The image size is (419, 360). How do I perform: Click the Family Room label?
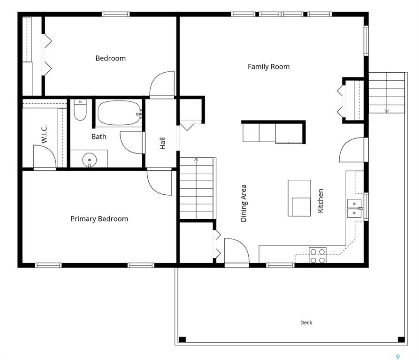(x=268, y=67)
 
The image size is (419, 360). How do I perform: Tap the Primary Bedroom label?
(x=99, y=219)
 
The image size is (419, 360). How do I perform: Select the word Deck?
(x=306, y=322)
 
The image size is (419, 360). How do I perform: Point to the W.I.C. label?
(x=44, y=134)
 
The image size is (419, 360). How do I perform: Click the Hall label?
(x=162, y=144)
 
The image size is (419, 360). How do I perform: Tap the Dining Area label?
(x=244, y=203)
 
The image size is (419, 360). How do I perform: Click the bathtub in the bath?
(x=119, y=113)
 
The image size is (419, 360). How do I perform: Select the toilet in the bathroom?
(x=80, y=110)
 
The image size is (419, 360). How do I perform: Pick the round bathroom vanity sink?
(x=89, y=160)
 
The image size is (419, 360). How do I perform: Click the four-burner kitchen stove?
(x=318, y=255)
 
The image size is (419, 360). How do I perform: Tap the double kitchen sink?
(x=354, y=208)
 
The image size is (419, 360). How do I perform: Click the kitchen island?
(x=299, y=198)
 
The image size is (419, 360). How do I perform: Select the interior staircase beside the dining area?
(x=197, y=188)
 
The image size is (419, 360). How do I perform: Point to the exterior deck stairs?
(x=387, y=93)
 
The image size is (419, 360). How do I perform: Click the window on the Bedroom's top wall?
(x=116, y=14)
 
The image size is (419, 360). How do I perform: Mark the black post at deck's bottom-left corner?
(x=182, y=340)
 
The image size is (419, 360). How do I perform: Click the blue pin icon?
(x=397, y=357)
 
